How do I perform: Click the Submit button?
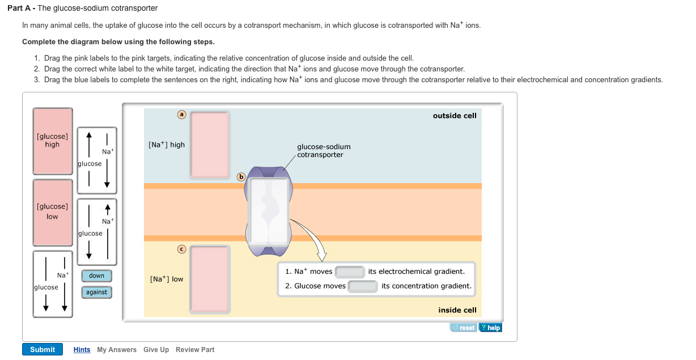[43, 349]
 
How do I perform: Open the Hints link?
[82, 350]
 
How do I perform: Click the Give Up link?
[156, 350]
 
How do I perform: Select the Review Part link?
[195, 350]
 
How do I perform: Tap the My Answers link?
[117, 350]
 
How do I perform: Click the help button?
[490, 328]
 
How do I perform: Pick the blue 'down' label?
[97, 276]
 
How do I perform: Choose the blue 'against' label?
[97, 293]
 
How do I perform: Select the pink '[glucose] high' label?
[52, 141]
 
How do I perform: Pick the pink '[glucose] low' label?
[52, 211]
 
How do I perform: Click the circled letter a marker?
[181, 115]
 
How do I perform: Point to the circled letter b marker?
[240, 176]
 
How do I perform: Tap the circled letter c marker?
[181, 248]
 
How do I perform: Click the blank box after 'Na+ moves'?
[350, 272]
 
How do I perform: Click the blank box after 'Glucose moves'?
[363, 286]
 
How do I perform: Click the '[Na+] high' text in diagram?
[167, 145]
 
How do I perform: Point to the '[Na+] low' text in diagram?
[167, 279]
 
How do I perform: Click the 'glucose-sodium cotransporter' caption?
[324, 151]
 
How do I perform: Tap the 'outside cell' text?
[455, 116]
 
